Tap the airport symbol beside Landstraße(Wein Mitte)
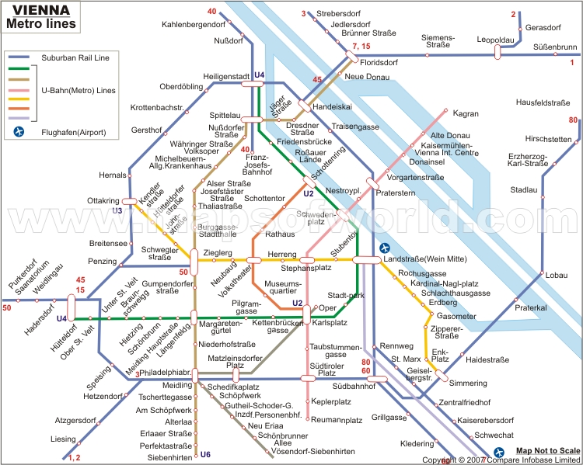(x=385, y=248)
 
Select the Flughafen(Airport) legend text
(x=75, y=133)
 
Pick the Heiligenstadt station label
(x=225, y=76)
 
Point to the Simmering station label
(x=468, y=383)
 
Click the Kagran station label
(x=465, y=113)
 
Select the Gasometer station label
(x=456, y=317)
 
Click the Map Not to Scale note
(x=548, y=451)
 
